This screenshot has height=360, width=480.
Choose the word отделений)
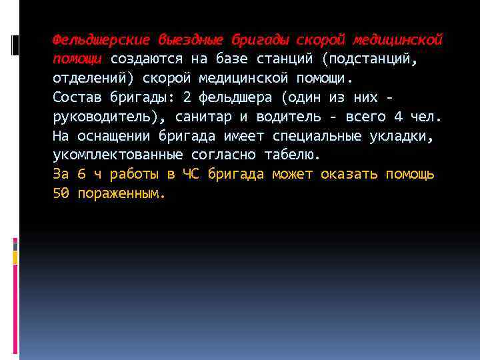click(93, 78)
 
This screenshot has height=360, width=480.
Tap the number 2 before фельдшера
click(186, 97)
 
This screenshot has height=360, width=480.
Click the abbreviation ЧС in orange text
click(190, 175)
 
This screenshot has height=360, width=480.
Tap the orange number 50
click(60, 194)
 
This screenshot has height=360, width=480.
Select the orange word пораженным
click(121, 194)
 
